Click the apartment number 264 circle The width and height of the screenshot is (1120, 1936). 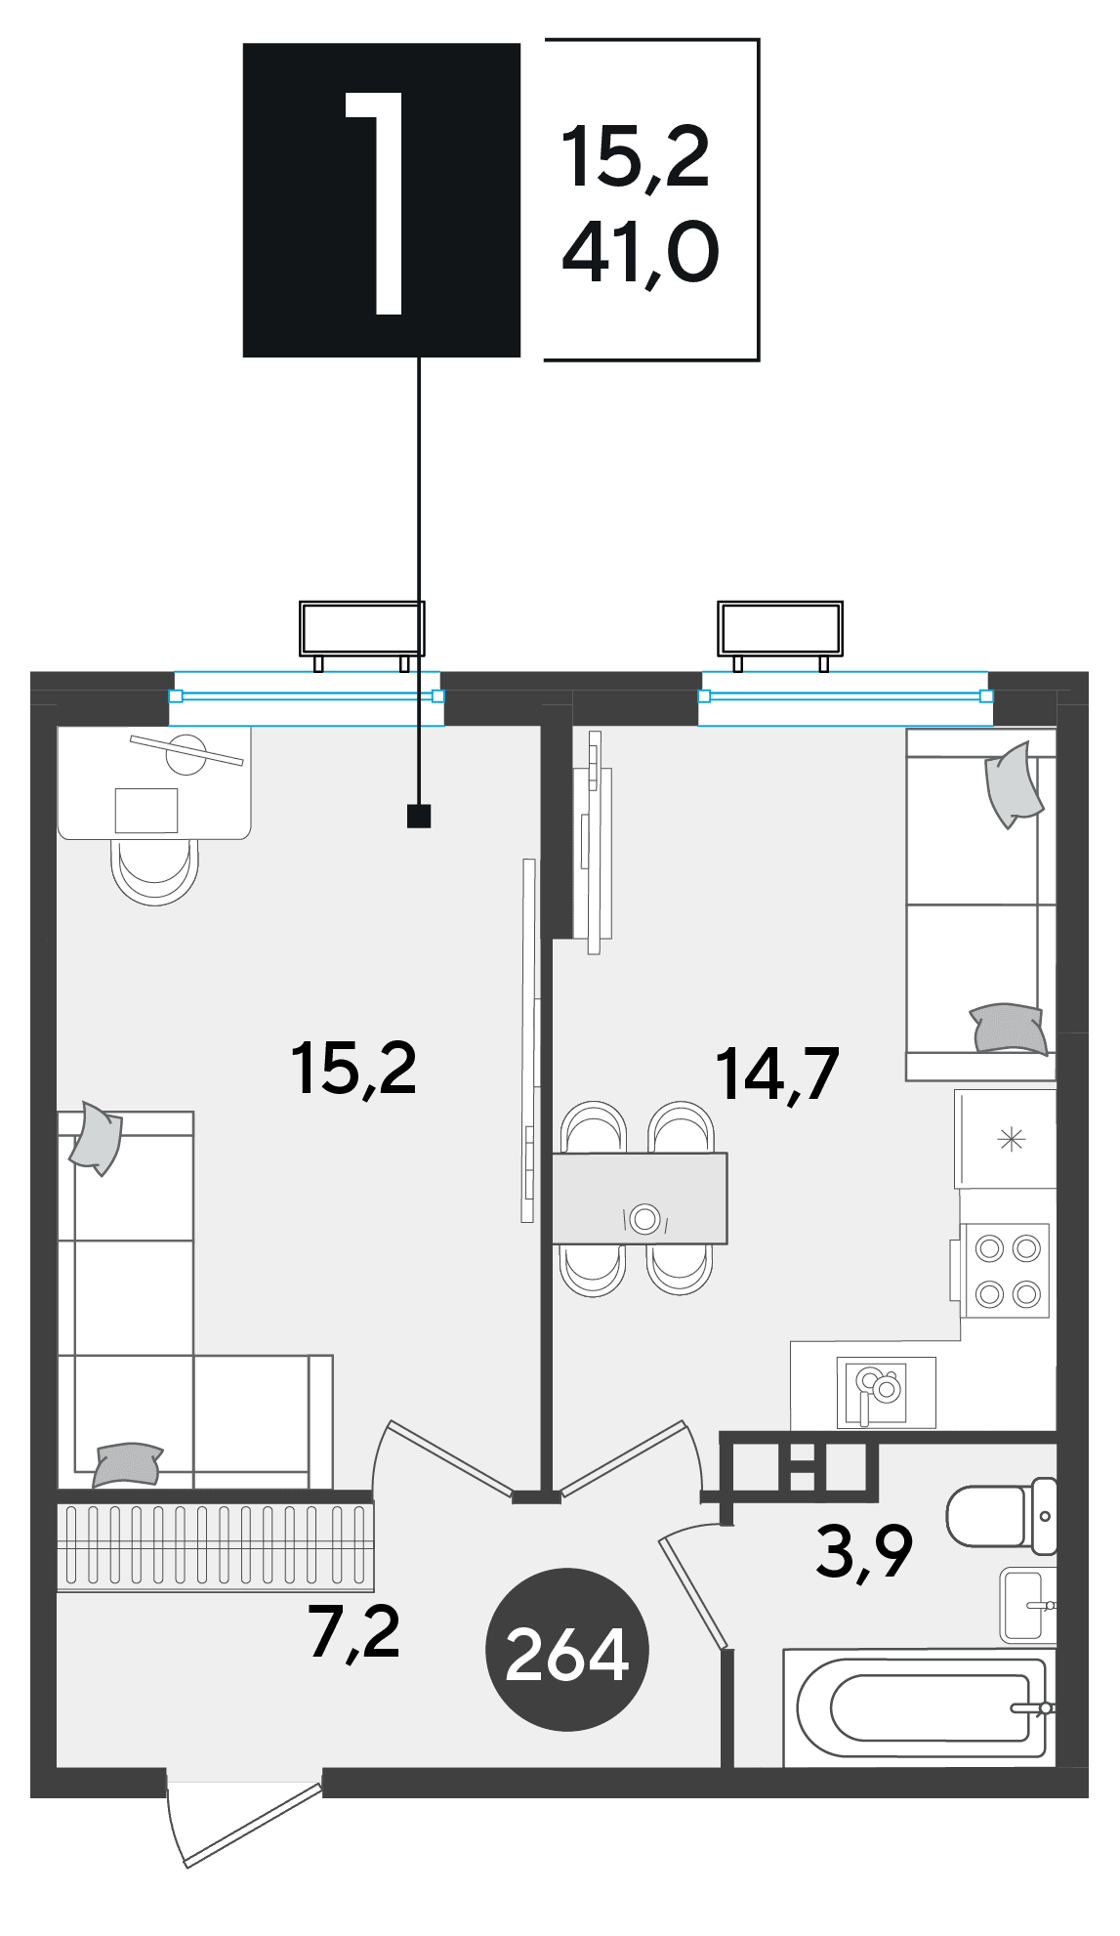(x=566, y=1650)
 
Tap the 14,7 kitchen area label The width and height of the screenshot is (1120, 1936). (x=777, y=1074)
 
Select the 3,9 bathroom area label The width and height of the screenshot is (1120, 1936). (x=864, y=1551)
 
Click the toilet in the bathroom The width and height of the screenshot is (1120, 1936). (x=1002, y=1516)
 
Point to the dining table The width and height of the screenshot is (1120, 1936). (x=640, y=1199)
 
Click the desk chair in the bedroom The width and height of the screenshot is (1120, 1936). (x=154, y=870)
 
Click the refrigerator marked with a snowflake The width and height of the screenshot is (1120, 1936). (x=1006, y=1139)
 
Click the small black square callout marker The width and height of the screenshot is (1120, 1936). (x=419, y=816)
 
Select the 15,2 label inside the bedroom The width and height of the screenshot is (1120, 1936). (x=353, y=1069)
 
